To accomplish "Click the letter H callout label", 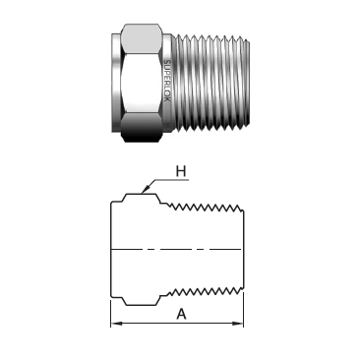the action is pyautogui.click(x=181, y=171).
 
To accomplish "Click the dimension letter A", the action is pyautogui.click(x=181, y=314).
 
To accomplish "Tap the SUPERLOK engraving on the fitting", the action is pyautogui.click(x=167, y=81).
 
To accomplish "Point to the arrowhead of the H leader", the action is pyautogui.click(x=145, y=190).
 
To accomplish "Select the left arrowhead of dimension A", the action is pyautogui.click(x=116, y=324).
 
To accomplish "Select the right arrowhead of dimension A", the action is pyautogui.click(x=238, y=324).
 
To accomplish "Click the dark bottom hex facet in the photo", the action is pyautogui.click(x=142, y=128).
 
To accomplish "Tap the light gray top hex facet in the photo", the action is pyautogui.click(x=142, y=37).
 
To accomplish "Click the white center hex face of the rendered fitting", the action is pyautogui.click(x=143, y=82).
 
